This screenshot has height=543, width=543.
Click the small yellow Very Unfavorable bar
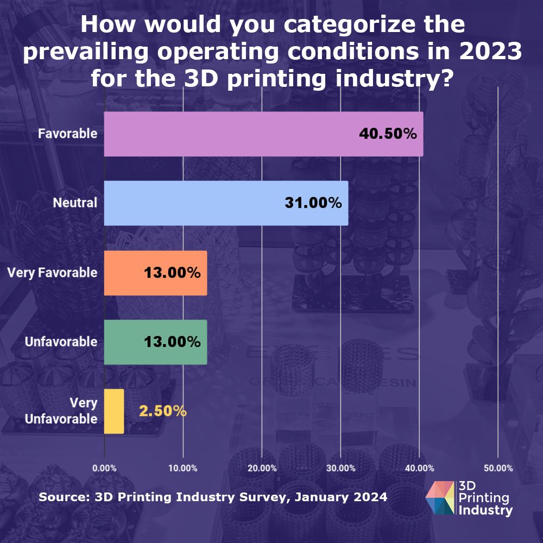(x=114, y=411)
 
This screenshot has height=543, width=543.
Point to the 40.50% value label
(x=388, y=134)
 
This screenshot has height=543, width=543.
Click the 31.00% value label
(x=313, y=203)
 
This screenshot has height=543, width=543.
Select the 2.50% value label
(x=163, y=411)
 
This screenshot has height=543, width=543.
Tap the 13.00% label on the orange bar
(x=172, y=273)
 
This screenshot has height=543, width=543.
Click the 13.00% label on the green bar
(x=172, y=342)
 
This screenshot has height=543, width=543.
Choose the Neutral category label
(x=75, y=203)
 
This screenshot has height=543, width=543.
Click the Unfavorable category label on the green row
(x=61, y=342)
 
